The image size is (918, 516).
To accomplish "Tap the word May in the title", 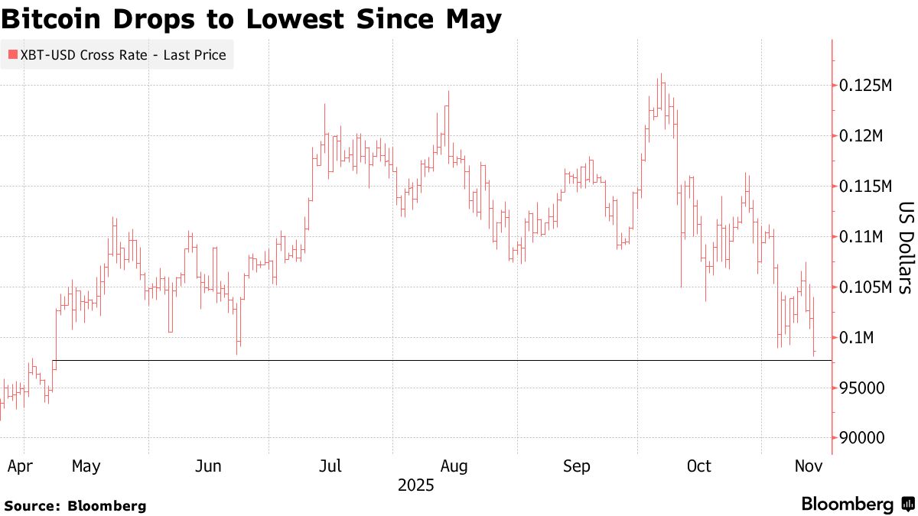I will click(x=474, y=19).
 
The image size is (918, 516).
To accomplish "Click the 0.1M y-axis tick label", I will click(x=855, y=338).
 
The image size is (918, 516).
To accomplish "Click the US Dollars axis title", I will click(x=905, y=248).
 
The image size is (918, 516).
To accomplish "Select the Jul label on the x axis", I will click(x=330, y=466).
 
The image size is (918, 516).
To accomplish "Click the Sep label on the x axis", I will click(x=576, y=466).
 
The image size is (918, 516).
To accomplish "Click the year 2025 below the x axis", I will click(x=416, y=485).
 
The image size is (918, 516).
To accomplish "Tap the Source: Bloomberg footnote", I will click(x=75, y=505).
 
